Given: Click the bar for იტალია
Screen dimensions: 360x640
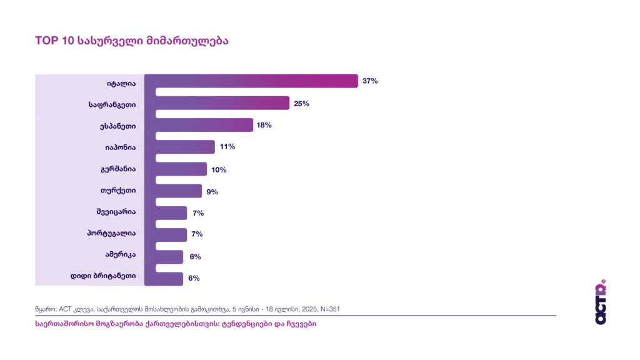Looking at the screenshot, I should coord(251,81).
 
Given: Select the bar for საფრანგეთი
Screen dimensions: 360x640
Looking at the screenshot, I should coord(217,103).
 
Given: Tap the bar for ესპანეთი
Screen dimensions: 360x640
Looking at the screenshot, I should coord(199,125).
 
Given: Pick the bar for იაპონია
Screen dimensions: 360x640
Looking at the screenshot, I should coord(179,147).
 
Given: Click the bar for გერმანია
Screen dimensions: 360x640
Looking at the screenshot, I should coord(176,169).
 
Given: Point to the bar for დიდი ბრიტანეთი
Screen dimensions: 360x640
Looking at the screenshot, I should coord(164,279).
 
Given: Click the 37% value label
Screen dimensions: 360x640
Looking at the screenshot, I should coord(370,81).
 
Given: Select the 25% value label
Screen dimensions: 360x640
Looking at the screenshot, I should coord(301,103).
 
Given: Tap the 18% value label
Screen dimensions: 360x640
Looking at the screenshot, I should coord(264,125).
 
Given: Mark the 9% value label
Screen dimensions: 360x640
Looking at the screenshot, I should coord(212,192).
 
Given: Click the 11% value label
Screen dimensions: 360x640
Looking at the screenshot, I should coord(227,147).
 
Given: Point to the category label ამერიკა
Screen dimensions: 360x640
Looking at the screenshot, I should coord(121,256).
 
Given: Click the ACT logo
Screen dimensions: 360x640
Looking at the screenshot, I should coord(601,302).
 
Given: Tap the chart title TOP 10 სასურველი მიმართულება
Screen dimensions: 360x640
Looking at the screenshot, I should coord(131,41).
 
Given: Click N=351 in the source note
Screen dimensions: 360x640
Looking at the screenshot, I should coord(328,309).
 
